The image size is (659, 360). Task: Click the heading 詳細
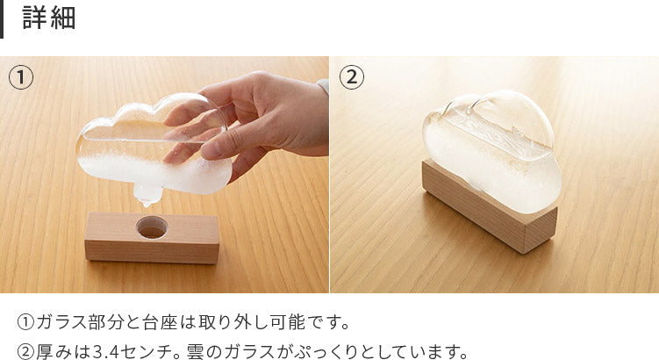coord(49,18)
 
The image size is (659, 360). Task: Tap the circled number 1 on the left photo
coord(20,77)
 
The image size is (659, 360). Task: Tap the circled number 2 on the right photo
coord(351,77)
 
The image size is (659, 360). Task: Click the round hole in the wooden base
coord(152,227)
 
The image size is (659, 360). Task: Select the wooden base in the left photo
coord(152,238)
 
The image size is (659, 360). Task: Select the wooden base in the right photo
coord(490,207)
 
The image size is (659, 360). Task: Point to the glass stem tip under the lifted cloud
coord(146,204)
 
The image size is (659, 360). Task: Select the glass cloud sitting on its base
coord(492,150)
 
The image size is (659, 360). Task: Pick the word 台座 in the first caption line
coord(161,322)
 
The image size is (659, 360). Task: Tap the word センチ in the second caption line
coord(149,350)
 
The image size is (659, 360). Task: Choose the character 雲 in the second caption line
coord(195,350)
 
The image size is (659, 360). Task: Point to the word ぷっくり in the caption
coord(326,350)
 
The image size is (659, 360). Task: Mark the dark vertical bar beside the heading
coord(2,19)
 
